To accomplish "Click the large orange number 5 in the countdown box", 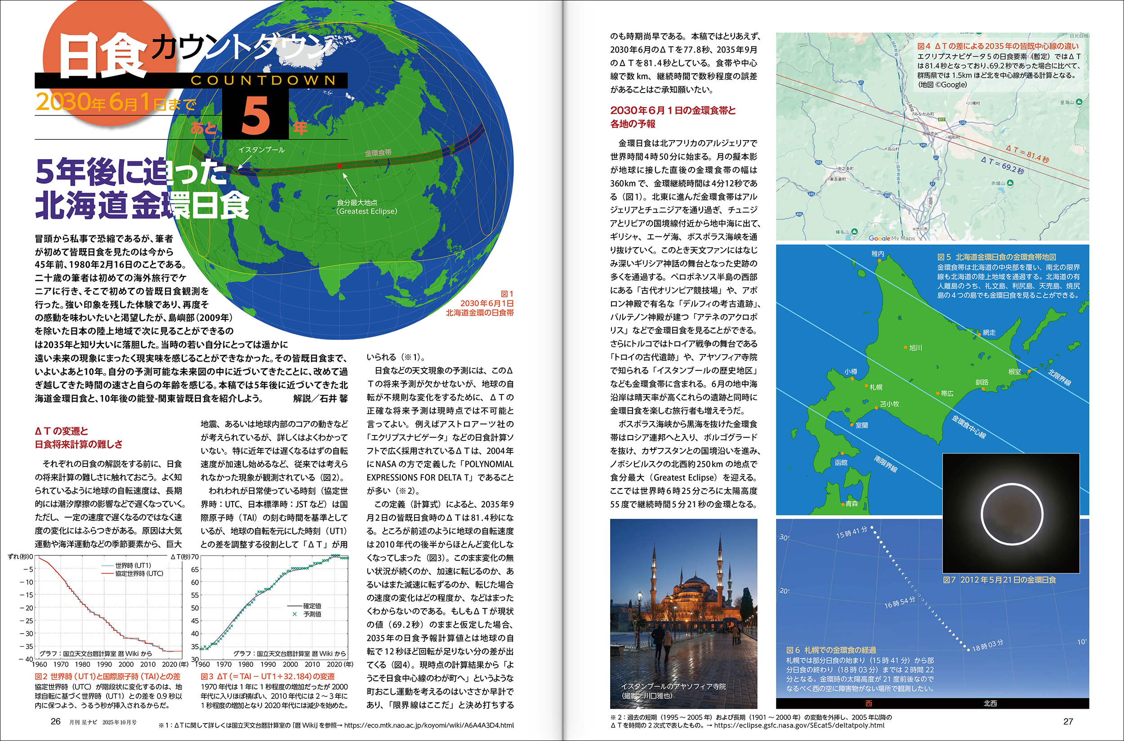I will point(255,115).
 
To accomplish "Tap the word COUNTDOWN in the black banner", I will point(263,80).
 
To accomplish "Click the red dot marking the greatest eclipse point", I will point(339,166).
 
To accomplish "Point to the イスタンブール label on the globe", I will point(262,150).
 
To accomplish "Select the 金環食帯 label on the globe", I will point(378,153).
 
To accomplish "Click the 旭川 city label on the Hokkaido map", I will point(915,348).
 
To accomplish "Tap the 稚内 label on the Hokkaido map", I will point(878,254).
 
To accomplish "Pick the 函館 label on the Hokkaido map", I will point(841,463).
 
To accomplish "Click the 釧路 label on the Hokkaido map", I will point(981,382).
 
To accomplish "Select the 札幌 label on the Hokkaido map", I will point(876,387).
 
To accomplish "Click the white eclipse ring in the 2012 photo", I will point(1012,513).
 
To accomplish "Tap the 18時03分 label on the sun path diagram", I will point(987,645).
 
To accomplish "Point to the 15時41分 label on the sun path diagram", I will point(851,532).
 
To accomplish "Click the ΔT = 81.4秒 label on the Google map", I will point(1027,154).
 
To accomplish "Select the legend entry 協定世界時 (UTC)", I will point(139,573).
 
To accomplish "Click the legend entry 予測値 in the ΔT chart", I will point(312,614).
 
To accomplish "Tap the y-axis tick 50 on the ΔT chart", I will point(195,608).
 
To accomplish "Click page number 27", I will point(1068,721).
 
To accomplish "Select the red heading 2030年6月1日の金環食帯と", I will point(673,111).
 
